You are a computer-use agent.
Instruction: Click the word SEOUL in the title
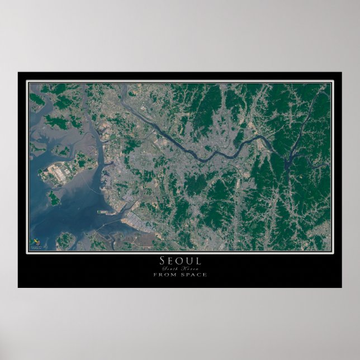pos(180,261)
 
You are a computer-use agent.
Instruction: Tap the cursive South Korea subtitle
pos(180,269)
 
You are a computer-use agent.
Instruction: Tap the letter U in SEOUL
pos(189,261)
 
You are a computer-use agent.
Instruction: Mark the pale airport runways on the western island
pos(59,173)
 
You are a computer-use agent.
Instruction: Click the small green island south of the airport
pos(54,197)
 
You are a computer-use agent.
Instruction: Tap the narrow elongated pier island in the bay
pos(106,212)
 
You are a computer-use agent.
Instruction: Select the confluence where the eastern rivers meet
pos(287,164)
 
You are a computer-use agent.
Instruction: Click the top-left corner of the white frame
pos(27,82)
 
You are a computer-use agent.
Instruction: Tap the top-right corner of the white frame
pos(333,82)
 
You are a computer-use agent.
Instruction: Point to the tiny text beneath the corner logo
pos(36,247)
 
